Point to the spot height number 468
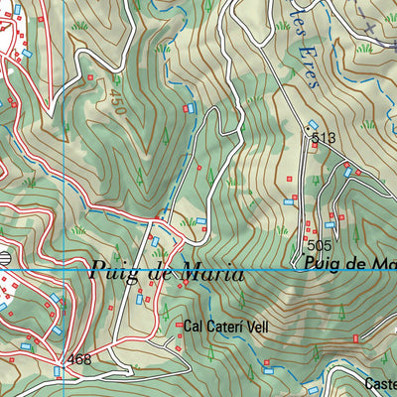[x=80, y=359]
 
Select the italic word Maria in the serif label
[x=210, y=271]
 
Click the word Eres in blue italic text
[x=309, y=71]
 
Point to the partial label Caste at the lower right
[x=381, y=383]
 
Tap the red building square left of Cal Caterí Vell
[x=179, y=325]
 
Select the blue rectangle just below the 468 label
[x=58, y=372]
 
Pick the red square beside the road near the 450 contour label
[x=92, y=76]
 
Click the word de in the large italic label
[x=161, y=271]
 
